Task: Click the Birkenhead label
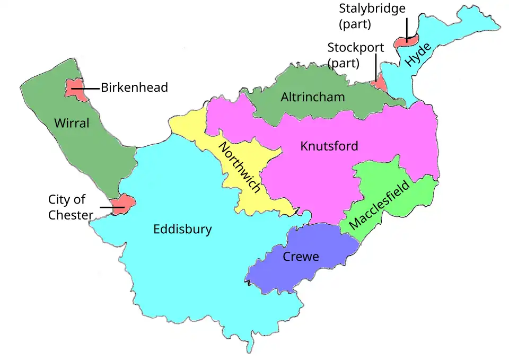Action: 134,87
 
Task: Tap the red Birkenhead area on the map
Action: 75,90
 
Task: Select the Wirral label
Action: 72,124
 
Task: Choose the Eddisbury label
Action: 182,230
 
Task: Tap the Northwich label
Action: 240,168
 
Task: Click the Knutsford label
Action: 329,146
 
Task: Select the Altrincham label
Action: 313,97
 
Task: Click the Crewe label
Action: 301,257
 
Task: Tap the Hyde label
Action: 418,55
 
